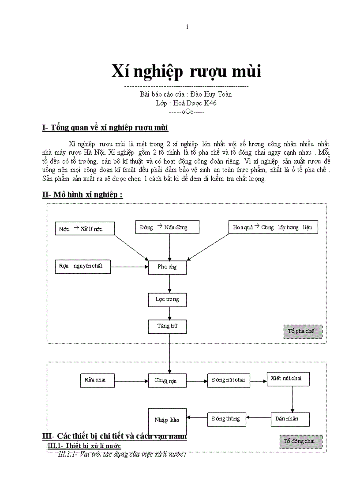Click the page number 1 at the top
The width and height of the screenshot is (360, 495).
coord(187,27)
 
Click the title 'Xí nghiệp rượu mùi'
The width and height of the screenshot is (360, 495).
coord(186,71)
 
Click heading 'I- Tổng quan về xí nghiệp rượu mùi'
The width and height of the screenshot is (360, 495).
coord(105,128)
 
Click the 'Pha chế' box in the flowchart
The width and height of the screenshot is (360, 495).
coord(167,267)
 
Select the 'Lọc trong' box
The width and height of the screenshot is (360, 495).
coord(167,299)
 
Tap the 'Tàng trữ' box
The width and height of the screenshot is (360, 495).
coord(167,326)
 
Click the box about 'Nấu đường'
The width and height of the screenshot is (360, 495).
coord(167,227)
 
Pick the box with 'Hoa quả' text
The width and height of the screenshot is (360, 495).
coord(273,227)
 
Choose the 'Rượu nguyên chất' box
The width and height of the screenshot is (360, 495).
coord(82,266)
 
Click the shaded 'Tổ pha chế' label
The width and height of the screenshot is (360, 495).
coord(303,331)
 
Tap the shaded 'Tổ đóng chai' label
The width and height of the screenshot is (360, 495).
coord(301,441)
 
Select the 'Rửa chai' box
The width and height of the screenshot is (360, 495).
coord(98,380)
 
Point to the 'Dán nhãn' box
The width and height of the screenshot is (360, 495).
coord(290,419)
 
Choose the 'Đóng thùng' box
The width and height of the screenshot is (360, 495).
coord(226,419)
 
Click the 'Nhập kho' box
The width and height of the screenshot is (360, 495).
coord(167,421)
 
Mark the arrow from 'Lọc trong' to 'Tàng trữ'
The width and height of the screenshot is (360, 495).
coord(170,313)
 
